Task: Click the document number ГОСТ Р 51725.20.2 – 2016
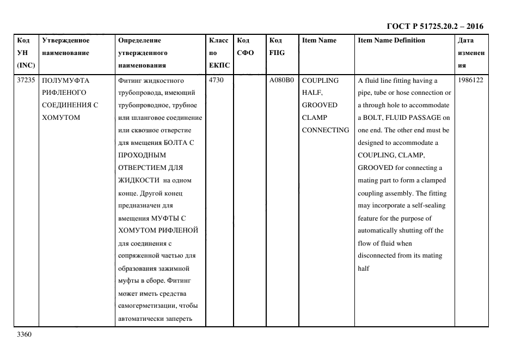435,26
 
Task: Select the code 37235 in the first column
26,81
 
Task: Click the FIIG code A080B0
281,81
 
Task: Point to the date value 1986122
471,81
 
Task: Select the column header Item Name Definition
391,40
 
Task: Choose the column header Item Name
319,40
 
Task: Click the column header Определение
139,40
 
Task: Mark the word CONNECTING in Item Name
325,130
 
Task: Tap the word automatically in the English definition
381,230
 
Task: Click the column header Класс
218,40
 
